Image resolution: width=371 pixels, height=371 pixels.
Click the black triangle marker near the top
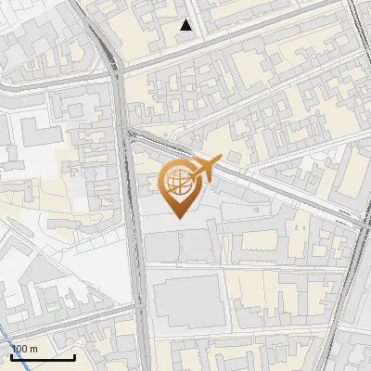click(186, 25)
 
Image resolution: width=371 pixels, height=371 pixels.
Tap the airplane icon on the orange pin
click(206, 168)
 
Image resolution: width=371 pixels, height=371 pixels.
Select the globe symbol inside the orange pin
click(179, 183)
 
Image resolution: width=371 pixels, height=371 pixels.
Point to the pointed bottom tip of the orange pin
click(179, 218)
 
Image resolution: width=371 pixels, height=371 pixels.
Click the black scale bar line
click(43, 357)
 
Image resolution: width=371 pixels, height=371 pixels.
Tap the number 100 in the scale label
click(19, 349)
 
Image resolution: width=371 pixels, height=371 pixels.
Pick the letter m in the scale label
click(33, 349)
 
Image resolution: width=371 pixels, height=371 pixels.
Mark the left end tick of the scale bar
click(11, 355)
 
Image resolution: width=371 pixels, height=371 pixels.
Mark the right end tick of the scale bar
click(75, 355)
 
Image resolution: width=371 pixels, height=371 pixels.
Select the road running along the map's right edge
click(356, 278)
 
